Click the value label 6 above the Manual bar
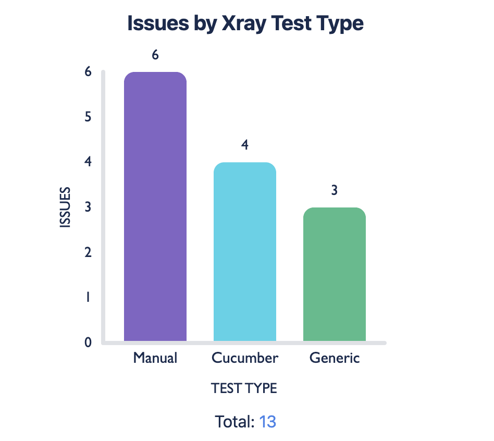pos(155,54)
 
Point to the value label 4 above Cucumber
pos(245,144)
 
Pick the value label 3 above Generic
pos(335,190)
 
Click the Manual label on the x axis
pos(155,358)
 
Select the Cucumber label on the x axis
pos(245,358)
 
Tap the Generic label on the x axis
pos(335,358)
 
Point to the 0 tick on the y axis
pos(88,342)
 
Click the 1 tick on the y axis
pos(88,297)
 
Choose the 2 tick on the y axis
pos(88,252)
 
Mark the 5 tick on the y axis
pos(88,117)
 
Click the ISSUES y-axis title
pos(66,207)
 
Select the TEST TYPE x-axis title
pos(244,388)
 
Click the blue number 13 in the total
pos(268,421)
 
